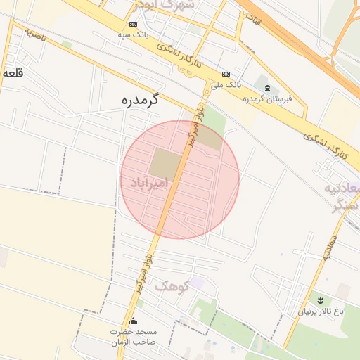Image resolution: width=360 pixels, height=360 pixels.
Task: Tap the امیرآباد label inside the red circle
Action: [x=150, y=184]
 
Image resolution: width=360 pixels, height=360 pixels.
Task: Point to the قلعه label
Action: [x=13, y=73]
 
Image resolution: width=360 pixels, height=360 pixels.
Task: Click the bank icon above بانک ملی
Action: [x=226, y=74]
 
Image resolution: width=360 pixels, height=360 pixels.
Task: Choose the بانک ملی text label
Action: [x=228, y=84]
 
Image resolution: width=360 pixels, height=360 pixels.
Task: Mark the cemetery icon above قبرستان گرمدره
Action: [x=267, y=88]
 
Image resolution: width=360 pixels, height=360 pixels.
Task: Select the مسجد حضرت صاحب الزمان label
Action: [x=133, y=336]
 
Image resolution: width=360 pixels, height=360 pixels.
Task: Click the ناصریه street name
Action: [x=34, y=35]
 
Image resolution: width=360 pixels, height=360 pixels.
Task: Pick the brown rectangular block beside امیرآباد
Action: [x=164, y=163]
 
